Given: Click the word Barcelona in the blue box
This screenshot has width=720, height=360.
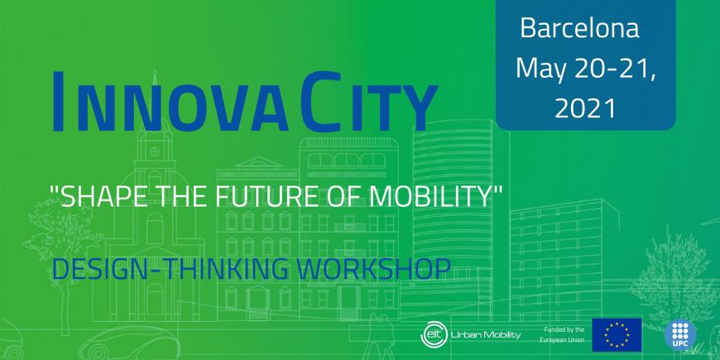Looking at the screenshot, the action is click(579, 27).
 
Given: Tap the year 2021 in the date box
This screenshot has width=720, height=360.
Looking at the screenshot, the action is click(585, 108).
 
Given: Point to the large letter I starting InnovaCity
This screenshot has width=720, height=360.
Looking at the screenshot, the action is click(58, 102).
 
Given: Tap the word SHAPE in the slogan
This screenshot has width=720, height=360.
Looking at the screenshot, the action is click(98, 196).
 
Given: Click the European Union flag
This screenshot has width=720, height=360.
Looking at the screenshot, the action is click(617, 334).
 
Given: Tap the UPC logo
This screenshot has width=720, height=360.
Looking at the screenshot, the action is click(680, 334).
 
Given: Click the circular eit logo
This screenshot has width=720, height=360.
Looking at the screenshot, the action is click(433, 334).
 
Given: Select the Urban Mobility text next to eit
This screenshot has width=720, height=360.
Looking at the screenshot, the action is click(486, 334).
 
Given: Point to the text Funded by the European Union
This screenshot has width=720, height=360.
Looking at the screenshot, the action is click(564, 334).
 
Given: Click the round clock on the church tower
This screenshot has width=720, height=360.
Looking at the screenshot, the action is click(155, 151).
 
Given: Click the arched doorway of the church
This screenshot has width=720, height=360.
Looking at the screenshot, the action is click(155, 300).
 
